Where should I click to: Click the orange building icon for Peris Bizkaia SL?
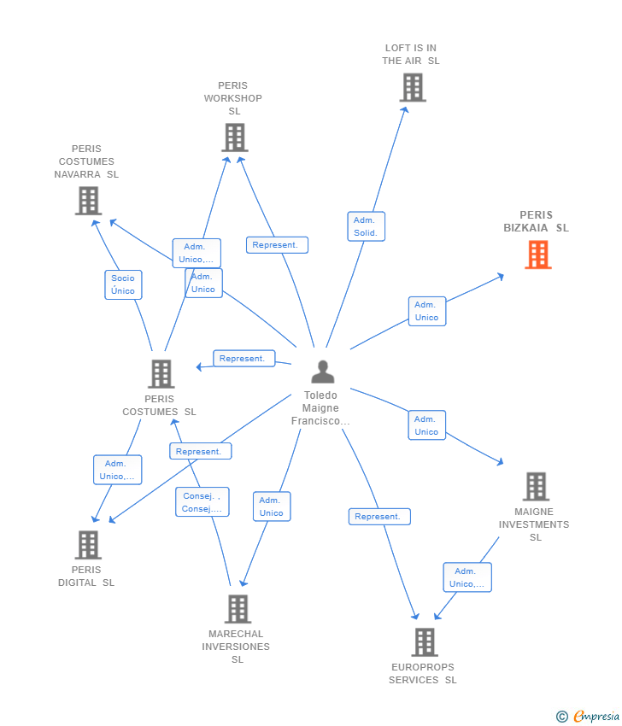[538, 255]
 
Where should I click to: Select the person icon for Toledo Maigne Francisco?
[323, 372]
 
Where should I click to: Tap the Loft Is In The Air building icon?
[413, 87]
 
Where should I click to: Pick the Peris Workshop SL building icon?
[235, 138]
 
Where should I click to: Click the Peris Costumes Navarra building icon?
[88, 201]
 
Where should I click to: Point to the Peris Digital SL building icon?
[88, 545]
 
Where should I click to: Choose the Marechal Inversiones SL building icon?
[238, 609]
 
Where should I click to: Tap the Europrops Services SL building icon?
[425, 642]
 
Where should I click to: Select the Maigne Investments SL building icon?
[536, 487]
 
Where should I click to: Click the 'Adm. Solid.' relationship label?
[367, 226]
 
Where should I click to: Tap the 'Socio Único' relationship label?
[123, 284]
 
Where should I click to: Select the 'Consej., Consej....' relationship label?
[202, 502]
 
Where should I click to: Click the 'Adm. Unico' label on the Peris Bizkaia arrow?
[426, 311]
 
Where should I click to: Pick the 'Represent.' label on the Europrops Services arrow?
[378, 517]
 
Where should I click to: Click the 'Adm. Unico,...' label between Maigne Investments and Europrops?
[467, 577]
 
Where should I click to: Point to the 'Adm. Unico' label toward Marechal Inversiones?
[272, 506]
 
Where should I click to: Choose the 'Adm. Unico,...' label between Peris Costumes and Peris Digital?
[117, 470]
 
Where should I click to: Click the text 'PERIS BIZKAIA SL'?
[536, 221]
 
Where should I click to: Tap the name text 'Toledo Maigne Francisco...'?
[321, 408]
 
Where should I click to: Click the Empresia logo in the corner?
[586, 717]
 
